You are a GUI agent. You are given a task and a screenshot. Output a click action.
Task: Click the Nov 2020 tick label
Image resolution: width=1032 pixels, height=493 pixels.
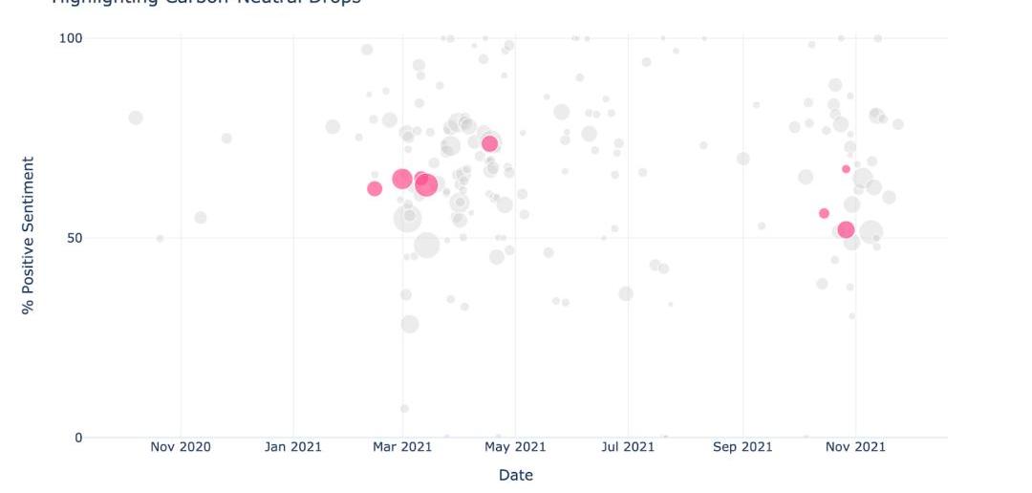pyautogui.click(x=180, y=447)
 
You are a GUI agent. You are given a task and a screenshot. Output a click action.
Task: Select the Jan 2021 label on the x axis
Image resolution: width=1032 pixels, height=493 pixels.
pyautogui.click(x=292, y=447)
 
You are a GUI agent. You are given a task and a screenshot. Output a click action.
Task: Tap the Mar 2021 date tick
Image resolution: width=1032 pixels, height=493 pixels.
pyautogui.click(x=402, y=447)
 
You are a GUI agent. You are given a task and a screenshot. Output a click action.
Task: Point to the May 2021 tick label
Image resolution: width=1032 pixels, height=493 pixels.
pyautogui.click(x=515, y=447)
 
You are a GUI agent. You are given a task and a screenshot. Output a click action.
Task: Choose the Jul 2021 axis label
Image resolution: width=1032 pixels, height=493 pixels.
pyautogui.click(x=628, y=447)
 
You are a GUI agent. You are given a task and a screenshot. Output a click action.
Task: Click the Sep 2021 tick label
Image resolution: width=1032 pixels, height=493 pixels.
pyautogui.click(x=742, y=447)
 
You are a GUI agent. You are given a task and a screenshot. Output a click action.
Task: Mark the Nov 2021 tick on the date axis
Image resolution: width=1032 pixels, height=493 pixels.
pyautogui.click(x=855, y=447)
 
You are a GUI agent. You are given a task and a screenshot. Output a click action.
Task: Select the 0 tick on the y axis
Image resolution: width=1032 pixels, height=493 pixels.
pyautogui.click(x=79, y=438)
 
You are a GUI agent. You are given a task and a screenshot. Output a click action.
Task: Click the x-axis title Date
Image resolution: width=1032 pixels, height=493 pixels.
pyautogui.click(x=516, y=475)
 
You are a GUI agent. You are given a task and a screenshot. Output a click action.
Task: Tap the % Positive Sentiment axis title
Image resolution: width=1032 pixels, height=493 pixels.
pyautogui.click(x=29, y=236)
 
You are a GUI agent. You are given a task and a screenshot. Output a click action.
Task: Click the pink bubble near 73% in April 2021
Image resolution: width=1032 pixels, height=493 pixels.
pyautogui.click(x=490, y=143)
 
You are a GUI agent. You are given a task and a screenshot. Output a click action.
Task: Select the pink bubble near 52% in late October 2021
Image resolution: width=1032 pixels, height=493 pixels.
pyautogui.click(x=846, y=229)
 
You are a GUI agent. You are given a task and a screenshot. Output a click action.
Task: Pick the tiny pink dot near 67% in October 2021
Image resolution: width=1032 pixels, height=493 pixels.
pyautogui.click(x=846, y=169)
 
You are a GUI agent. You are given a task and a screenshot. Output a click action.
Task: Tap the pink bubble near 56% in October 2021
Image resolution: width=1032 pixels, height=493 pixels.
pyautogui.click(x=824, y=213)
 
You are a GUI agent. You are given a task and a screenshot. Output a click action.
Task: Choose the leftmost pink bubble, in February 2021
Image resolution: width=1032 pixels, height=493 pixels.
pyautogui.click(x=375, y=188)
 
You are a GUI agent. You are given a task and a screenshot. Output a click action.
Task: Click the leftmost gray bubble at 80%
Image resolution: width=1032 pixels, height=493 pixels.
pyautogui.click(x=136, y=118)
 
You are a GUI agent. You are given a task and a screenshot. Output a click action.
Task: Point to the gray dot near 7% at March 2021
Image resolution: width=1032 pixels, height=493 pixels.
pyautogui.click(x=404, y=408)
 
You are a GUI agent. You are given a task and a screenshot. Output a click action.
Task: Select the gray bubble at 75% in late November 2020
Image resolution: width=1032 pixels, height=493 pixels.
pyautogui.click(x=226, y=139)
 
